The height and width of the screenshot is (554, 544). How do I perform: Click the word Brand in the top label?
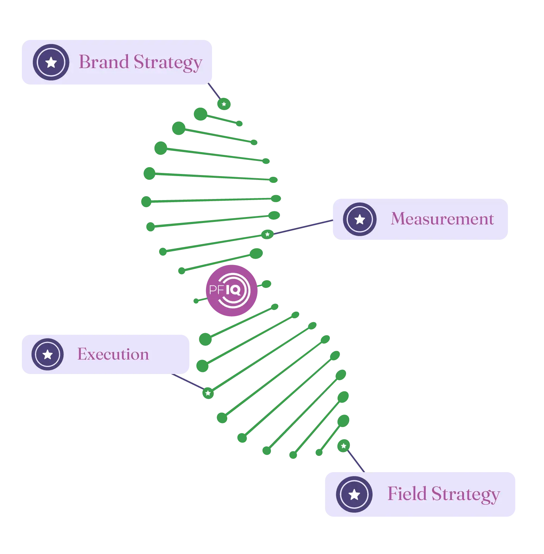[103, 62]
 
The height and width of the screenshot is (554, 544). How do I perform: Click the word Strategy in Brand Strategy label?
[168, 63]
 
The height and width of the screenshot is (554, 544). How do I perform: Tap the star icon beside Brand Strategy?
[51, 62]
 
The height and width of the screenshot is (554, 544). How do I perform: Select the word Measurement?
[442, 219]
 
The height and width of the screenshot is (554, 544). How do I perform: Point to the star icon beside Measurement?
[359, 219]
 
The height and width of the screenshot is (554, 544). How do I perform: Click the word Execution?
[113, 354]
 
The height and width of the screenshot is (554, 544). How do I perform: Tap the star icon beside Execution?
[48, 354]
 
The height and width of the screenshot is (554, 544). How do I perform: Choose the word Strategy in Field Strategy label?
[466, 494]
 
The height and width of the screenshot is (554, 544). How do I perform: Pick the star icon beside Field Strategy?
[354, 494]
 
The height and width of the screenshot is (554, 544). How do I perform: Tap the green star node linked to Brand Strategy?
[224, 104]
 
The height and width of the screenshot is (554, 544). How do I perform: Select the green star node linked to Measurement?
[267, 234]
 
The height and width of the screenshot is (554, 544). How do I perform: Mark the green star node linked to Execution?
[208, 393]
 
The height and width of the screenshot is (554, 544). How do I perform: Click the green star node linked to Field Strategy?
[343, 446]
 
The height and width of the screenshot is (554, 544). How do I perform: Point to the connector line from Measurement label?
[303, 227]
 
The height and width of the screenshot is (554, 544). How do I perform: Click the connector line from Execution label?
[187, 382]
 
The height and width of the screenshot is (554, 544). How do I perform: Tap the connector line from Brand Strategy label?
[213, 90]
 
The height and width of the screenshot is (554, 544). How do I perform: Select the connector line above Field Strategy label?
[357, 461]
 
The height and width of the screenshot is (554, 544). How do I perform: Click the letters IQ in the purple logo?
[233, 290]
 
